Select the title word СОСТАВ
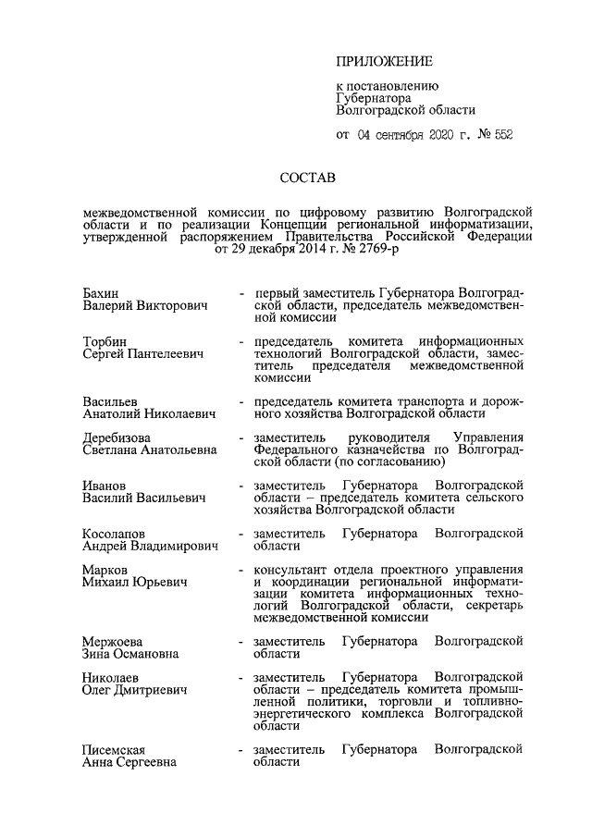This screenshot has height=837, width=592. click(310, 176)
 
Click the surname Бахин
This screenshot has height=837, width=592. click(101, 294)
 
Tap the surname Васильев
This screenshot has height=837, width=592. click(111, 402)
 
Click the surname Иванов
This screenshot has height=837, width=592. click(104, 485)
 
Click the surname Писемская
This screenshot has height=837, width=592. click(115, 749)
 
